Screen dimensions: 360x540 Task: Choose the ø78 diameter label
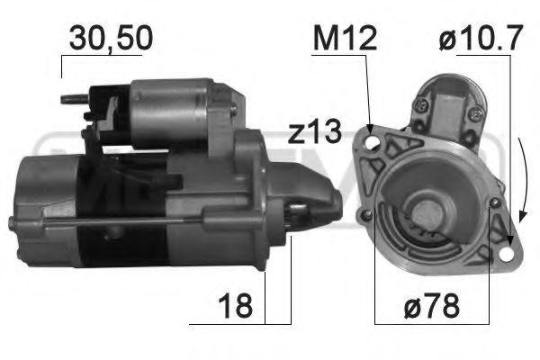click(x=431, y=306)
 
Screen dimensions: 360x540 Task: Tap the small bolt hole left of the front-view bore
click(x=367, y=214)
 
